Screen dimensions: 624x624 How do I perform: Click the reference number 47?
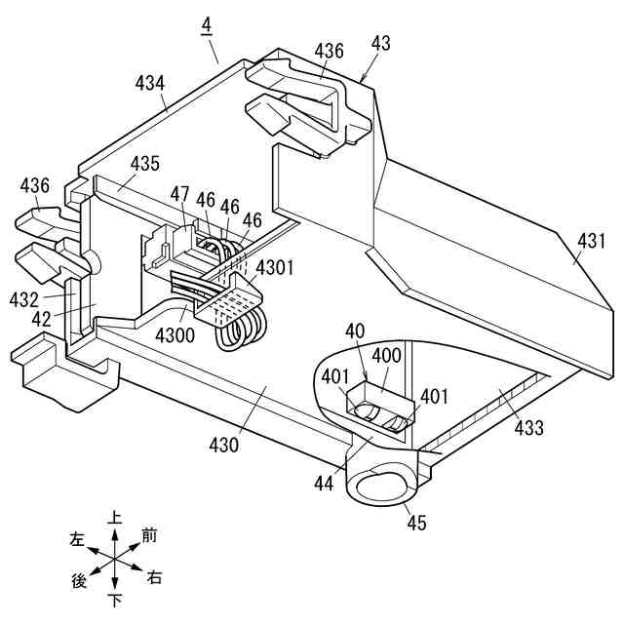coord(180,195)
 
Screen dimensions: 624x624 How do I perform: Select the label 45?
coord(416,524)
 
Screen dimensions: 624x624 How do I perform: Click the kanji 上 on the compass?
coord(115,521)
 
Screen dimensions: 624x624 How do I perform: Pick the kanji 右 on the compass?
coord(154,578)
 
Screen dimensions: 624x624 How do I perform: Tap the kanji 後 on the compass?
coord(79,581)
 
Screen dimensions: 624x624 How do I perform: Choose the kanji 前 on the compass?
coord(149,534)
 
